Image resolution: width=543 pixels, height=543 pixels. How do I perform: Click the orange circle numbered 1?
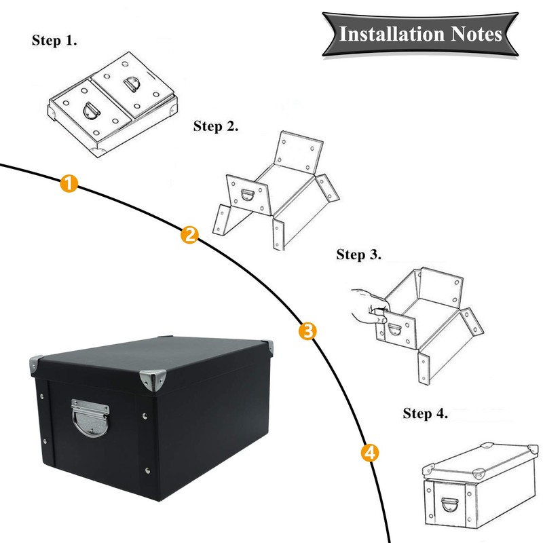click(69, 183)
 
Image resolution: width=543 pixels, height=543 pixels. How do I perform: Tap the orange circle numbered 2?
click(189, 236)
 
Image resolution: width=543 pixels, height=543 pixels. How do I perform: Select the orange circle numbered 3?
click(307, 332)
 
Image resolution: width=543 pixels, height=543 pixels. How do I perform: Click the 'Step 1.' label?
click(55, 40)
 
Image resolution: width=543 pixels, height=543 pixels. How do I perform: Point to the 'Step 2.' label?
click(216, 126)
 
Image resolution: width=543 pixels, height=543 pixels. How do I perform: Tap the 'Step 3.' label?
click(359, 255)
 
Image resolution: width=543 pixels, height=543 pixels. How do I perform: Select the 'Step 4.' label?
click(426, 413)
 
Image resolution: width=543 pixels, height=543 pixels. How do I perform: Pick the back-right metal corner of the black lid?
click(266, 347)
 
